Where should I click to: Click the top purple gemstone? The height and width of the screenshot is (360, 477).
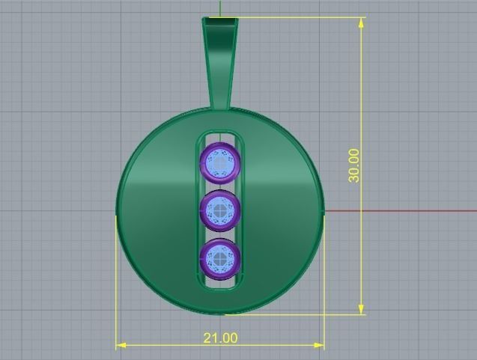220,162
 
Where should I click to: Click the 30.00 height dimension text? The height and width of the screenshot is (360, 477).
354,165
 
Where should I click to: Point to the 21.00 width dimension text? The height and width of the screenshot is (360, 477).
220,338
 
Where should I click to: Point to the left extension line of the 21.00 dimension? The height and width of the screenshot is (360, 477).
116,284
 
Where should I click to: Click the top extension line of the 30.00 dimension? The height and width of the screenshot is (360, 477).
300,17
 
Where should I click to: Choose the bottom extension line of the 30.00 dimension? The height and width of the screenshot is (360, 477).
300,314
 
